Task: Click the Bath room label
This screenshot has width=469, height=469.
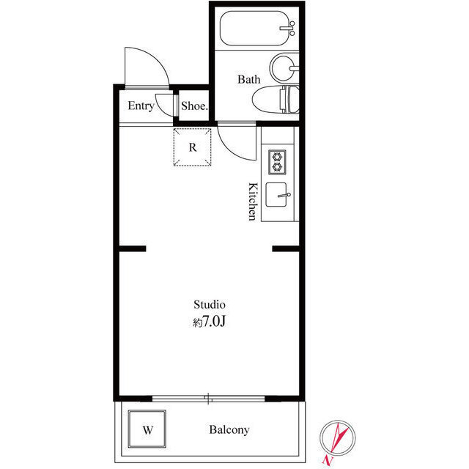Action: click(x=248, y=79)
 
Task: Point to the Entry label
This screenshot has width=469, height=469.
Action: click(x=141, y=106)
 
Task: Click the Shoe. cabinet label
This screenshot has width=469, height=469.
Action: click(x=195, y=106)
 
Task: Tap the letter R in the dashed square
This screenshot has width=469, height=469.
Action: click(x=193, y=147)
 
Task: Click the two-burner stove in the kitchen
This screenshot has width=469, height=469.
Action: click(x=277, y=161)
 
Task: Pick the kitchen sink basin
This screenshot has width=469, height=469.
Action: click(x=276, y=196)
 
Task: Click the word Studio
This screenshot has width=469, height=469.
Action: click(x=209, y=303)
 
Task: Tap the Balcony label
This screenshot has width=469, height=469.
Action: click(x=229, y=430)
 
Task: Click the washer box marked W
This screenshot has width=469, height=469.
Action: click(x=147, y=429)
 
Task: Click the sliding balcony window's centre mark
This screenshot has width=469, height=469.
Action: click(x=209, y=399)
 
